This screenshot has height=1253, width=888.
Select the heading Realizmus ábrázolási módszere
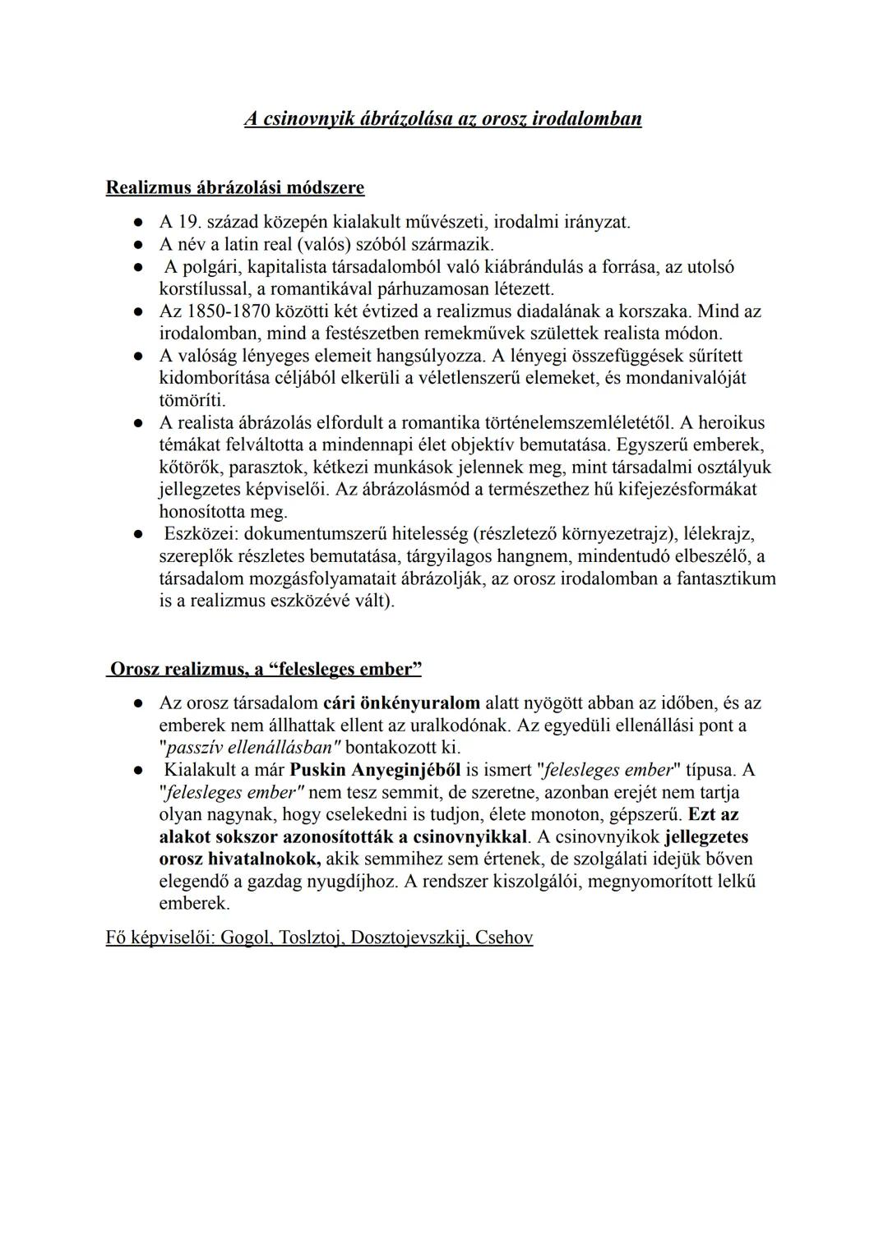pos(235,187)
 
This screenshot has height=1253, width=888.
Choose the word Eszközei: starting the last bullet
pos(201,534)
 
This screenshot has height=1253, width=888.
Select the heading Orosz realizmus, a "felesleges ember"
pos(265,669)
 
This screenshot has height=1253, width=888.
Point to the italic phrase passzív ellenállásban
pos(253,748)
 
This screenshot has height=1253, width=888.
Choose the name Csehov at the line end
pos(504,937)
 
